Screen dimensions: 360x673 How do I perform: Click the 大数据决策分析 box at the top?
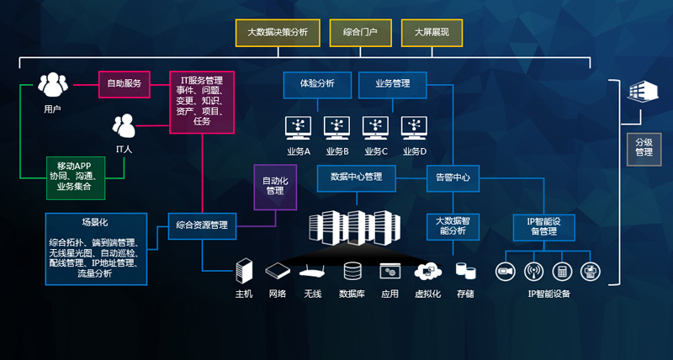click(x=277, y=33)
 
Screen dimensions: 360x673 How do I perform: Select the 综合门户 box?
click(x=360, y=33)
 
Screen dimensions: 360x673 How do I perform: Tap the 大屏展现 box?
click(x=432, y=33)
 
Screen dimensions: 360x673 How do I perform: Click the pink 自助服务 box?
click(x=124, y=83)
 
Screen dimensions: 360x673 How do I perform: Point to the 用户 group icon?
click(x=52, y=86)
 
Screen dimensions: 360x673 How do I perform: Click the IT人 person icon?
click(x=125, y=126)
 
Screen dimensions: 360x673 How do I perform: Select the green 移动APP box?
click(x=76, y=177)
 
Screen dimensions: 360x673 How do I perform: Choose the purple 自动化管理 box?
click(x=275, y=185)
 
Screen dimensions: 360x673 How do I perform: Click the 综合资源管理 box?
click(x=202, y=225)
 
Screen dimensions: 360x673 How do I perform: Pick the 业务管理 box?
click(x=392, y=83)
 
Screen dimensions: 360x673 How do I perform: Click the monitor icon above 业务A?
click(x=299, y=127)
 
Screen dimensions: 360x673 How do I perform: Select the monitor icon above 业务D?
click(x=415, y=127)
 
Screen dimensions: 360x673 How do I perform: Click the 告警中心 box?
click(x=452, y=177)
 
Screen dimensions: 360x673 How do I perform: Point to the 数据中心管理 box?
click(x=356, y=177)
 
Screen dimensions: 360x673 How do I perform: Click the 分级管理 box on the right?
click(x=644, y=146)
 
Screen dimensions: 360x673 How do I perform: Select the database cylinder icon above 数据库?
click(x=352, y=272)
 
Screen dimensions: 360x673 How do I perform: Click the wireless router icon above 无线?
click(x=313, y=272)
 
